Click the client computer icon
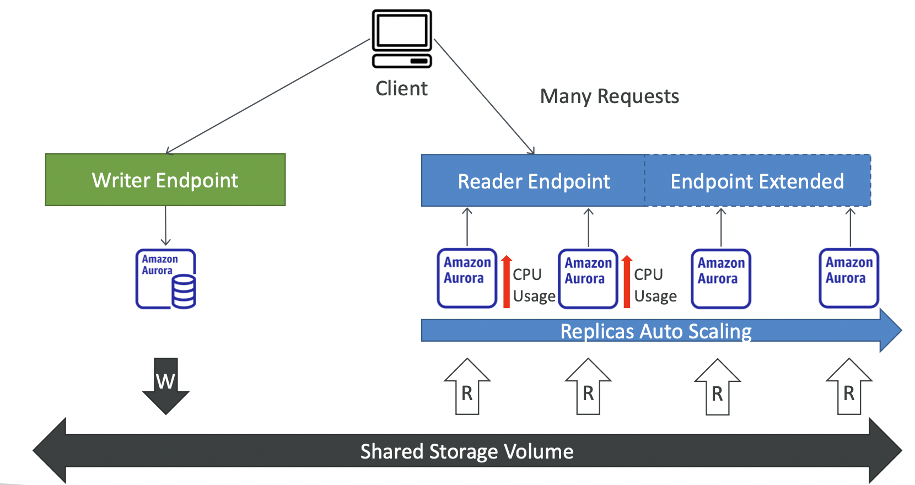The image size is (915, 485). point(402,39)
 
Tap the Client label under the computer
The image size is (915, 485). point(401,89)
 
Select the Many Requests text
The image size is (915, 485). point(609,96)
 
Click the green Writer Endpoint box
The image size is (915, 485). point(165,180)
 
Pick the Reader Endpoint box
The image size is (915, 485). point(533,181)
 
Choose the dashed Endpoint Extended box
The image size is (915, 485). point(757,181)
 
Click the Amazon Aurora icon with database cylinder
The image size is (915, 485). point(166,279)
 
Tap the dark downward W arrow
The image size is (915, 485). point(165,386)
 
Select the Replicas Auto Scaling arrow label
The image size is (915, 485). point(655,331)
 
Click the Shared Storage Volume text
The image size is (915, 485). point(466,451)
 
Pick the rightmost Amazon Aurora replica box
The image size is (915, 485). point(849,278)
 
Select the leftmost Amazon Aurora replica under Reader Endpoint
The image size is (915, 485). point(467,278)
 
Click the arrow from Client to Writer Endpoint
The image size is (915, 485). point(267,96)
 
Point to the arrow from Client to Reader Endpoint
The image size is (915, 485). point(484,96)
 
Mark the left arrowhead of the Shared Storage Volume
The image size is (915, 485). point(50,451)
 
